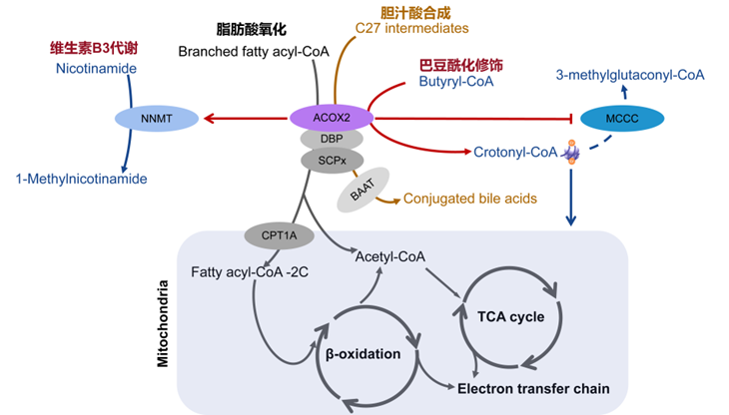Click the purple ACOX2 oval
(x=331, y=118)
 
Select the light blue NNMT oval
(x=158, y=119)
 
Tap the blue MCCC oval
(x=622, y=119)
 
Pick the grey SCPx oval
(x=331, y=160)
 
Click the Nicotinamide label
(x=97, y=68)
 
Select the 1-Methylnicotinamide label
(x=81, y=179)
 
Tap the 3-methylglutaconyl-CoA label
(x=629, y=74)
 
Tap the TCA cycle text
(x=510, y=317)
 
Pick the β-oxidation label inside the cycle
(x=364, y=354)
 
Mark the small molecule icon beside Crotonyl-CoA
(x=571, y=153)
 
